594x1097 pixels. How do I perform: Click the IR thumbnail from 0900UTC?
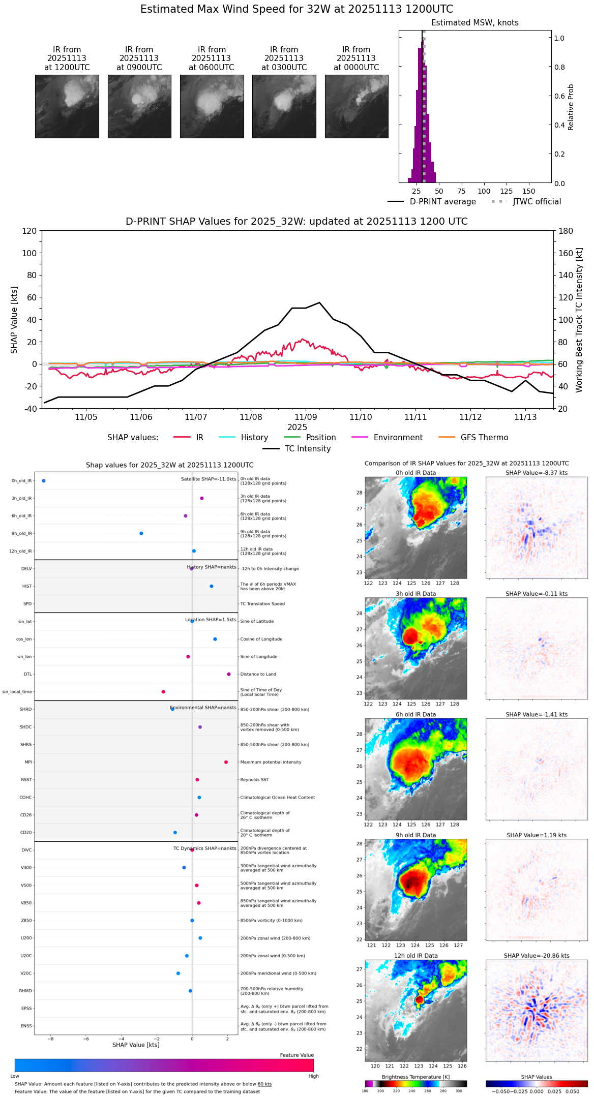coord(139,106)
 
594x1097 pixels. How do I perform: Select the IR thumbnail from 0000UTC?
coord(357,106)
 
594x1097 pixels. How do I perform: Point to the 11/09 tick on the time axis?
coord(306,417)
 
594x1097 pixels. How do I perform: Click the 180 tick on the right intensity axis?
coord(566,231)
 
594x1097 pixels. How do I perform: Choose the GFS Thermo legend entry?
coord(484,438)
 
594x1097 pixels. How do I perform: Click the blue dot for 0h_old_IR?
coord(44,480)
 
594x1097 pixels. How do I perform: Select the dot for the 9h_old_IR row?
coord(141,533)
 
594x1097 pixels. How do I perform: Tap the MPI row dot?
coord(226,762)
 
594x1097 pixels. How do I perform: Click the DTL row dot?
coord(229,674)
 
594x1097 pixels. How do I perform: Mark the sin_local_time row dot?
coord(163,692)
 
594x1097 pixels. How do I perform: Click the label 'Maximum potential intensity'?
coord(271,762)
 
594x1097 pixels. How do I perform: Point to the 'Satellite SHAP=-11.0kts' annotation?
coord(209,479)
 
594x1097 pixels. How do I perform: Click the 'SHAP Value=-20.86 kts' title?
coord(537,956)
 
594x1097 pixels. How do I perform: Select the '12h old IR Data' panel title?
coord(415,956)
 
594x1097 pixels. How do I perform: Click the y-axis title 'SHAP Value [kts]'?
coord(14,320)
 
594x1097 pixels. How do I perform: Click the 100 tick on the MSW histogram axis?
coord(484,191)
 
